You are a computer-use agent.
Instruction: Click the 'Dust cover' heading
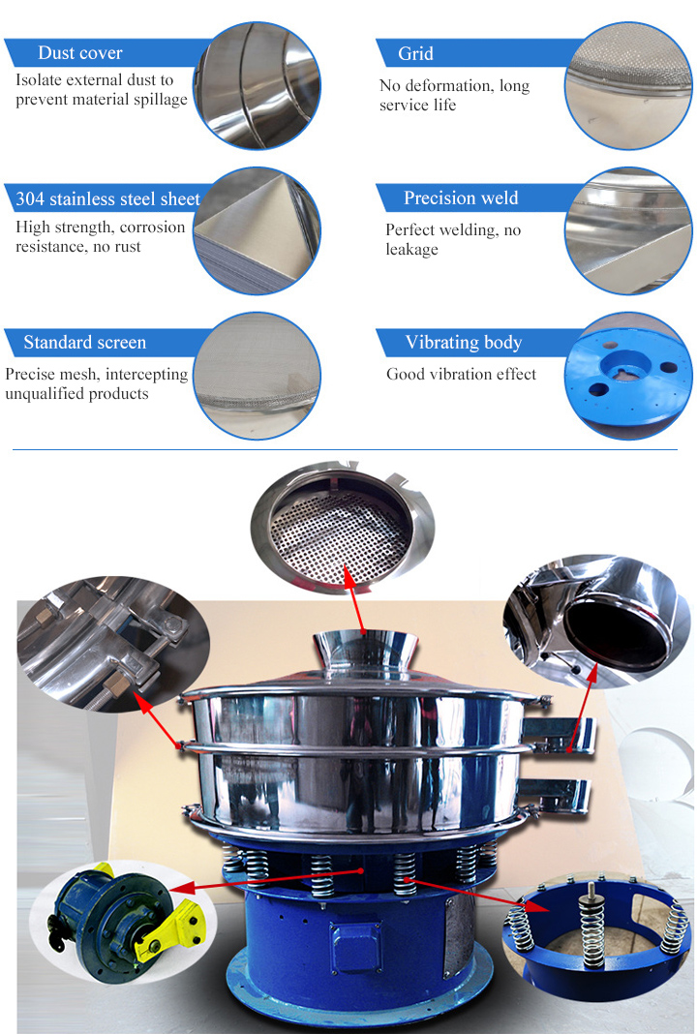[x=79, y=52]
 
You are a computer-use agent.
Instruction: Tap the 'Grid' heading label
[x=415, y=53]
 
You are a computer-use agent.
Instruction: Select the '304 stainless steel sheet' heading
[x=107, y=198]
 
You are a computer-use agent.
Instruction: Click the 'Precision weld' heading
[x=461, y=198]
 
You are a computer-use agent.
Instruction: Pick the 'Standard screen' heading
[x=85, y=343]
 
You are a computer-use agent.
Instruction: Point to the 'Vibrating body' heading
[x=464, y=343]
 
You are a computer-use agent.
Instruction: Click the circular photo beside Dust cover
[x=258, y=85]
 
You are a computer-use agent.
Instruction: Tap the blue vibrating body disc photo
[x=628, y=376]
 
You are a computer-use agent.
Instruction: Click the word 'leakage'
[x=412, y=249]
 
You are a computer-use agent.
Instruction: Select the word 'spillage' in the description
[x=161, y=100]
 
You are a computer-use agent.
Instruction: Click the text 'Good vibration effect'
[x=462, y=374]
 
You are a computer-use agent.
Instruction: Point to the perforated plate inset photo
[x=341, y=524]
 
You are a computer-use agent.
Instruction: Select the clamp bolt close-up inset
[x=113, y=642]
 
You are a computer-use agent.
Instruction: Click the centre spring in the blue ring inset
[x=591, y=925]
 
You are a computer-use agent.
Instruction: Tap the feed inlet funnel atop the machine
[x=364, y=653]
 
